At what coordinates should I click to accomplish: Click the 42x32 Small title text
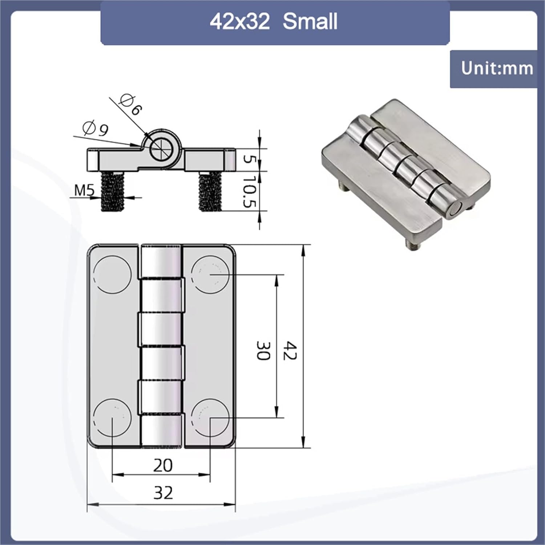click(x=274, y=21)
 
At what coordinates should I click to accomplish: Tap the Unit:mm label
click(x=497, y=68)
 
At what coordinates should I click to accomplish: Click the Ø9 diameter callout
click(x=96, y=129)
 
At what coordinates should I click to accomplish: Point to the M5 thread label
click(x=84, y=190)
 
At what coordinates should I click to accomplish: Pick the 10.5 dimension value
click(x=250, y=191)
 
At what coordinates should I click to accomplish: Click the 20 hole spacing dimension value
click(x=162, y=465)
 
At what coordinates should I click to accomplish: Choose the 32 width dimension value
click(x=163, y=493)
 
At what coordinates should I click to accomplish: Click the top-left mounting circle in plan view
click(x=112, y=274)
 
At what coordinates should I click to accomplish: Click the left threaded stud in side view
click(x=113, y=191)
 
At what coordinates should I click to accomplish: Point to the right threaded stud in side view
click(x=210, y=191)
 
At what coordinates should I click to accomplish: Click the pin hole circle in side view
click(x=161, y=148)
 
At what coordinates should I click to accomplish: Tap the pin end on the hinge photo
click(x=455, y=210)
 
